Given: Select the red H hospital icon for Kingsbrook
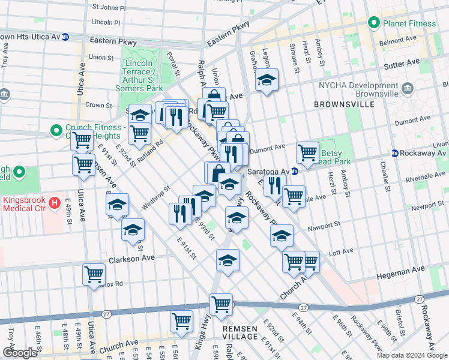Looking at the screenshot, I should pyautogui.click(x=55, y=203).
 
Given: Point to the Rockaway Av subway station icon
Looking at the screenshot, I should pyautogui.click(x=395, y=153).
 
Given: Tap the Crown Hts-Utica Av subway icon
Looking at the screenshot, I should pyautogui.click(x=65, y=37).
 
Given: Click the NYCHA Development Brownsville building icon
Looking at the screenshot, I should pyautogui.click(x=409, y=90).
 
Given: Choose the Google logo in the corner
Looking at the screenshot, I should pyautogui.click(x=19, y=353).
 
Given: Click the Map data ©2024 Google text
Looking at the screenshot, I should pyautogui.click(x=411, y=355).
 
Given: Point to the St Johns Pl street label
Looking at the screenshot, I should pyautogui.click(x=109, y=9).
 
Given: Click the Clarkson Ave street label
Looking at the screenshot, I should pyautogui.click(x=131, y=259).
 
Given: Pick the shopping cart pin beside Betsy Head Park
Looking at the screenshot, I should pyautogui.click(x=307, y=152).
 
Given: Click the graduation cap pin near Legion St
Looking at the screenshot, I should pyautogui.click(x=267, y=80).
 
